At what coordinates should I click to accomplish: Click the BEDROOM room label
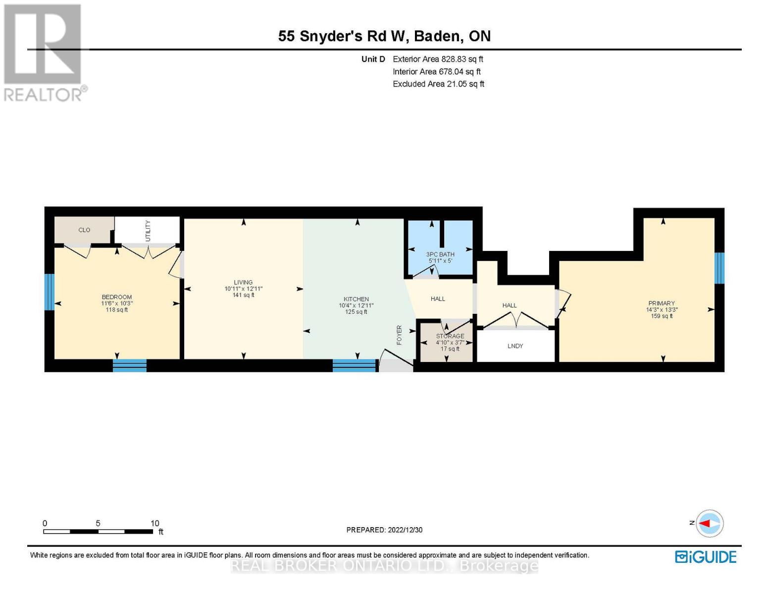coord(117,297)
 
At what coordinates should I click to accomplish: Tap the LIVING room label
coord(243,282)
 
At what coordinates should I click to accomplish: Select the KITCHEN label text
coord(356,299)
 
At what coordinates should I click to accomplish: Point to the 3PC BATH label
coord(440,254)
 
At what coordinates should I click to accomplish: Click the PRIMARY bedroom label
coord(662,303)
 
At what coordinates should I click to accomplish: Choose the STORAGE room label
coord(450,336)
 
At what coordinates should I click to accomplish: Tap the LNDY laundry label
coord(515,346)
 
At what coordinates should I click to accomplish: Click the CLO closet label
coord(84,230)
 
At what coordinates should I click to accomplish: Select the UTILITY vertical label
coord(148,231)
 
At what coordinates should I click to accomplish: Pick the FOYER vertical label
coord(399,335)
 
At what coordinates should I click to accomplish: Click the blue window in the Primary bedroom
coord(719,268)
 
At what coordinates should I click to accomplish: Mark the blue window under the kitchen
coord(354,365)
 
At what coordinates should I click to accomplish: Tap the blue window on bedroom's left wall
coord(49,292)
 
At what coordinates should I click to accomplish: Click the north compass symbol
coord(710,523)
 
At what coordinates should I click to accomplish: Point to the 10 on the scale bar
coord(154,523)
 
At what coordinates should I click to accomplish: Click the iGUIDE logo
coord(706,557)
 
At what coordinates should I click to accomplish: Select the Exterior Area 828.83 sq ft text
coord(438,59)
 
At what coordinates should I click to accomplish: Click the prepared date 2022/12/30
coord(384,530)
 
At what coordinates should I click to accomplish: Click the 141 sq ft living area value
coord(243,295)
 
